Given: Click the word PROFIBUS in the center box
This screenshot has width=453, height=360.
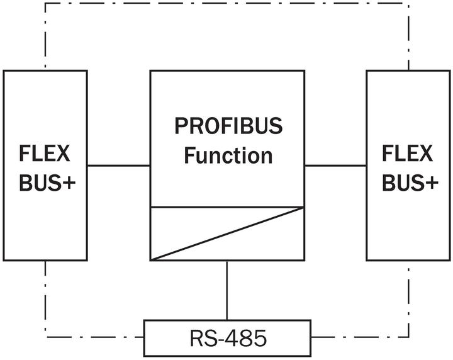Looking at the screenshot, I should point(228,127).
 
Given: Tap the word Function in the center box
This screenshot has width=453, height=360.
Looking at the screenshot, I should point(228,155).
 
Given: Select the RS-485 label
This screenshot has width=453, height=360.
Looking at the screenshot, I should point(227,338).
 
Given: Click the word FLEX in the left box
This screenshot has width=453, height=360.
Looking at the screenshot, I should point(45,154).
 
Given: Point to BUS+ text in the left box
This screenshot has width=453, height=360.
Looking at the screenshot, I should point(45,183).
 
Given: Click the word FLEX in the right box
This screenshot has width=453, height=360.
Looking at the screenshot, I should point(408,154).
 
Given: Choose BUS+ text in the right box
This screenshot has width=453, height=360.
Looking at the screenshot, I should point(408,183).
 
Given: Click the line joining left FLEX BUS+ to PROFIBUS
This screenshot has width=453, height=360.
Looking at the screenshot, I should point(118,166).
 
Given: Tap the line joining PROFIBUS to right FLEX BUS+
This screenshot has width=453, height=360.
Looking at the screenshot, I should point(335,166).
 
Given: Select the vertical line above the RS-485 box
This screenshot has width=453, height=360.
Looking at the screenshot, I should point(227,290).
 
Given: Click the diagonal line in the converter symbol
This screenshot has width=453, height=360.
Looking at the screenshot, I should point(227,233).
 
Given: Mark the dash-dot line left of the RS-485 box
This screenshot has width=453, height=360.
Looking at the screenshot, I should point(94,337).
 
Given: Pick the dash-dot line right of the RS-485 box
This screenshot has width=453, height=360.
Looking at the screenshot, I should point(360,337).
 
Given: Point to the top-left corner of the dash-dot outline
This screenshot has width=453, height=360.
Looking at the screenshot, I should point(45,3).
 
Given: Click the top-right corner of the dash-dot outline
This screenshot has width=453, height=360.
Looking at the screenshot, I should point(409,3).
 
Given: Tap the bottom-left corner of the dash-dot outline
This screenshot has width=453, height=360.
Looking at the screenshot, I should point(45,337).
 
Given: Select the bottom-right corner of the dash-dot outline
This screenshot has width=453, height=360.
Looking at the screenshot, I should point(409,337).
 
